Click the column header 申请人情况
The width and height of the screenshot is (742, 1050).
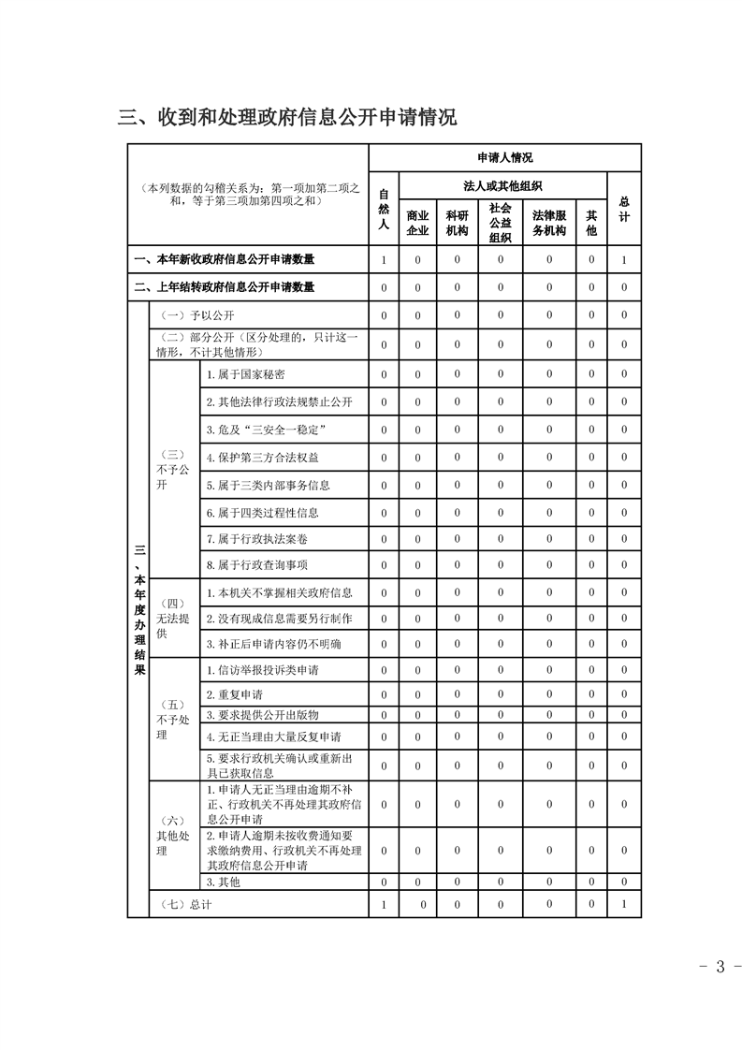(504, 158)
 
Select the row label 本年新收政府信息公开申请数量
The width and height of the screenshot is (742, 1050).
(224, 259)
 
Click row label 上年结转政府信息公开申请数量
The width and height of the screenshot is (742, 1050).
(224, 287)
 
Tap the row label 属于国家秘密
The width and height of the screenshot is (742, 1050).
(239, 374)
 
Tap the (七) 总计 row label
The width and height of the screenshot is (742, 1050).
(182, 904)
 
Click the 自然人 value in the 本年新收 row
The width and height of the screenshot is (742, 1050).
(384, 259)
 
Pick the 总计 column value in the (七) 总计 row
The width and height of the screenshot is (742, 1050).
(624, 904)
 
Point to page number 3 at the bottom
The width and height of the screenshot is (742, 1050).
(720, 967)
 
